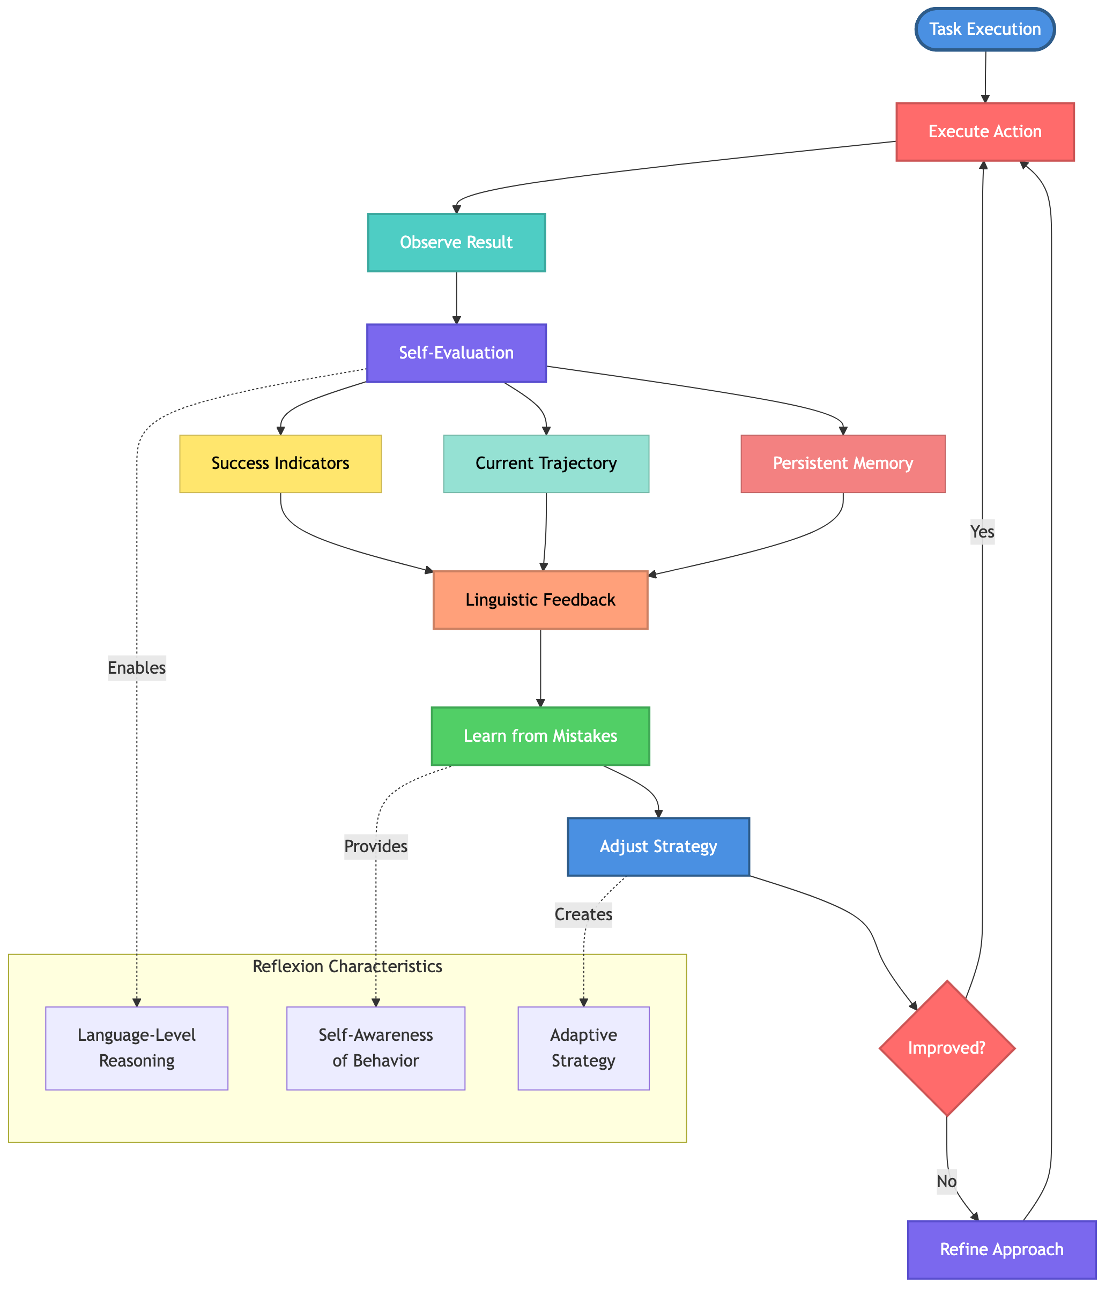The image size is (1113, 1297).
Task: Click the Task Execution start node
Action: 985,29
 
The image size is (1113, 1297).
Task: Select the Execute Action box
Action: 985,131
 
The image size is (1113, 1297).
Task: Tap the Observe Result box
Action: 456,242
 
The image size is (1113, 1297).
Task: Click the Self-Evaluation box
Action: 456,353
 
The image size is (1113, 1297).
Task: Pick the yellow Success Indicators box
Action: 280,463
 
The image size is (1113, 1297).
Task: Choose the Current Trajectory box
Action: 546,463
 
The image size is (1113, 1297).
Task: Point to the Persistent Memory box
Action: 842,463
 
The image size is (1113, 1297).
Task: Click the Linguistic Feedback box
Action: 540,600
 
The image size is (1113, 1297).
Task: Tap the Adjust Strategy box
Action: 658,846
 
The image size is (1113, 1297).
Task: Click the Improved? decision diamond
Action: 946,1048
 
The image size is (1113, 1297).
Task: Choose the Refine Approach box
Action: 1001,1249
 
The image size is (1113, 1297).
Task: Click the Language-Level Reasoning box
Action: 137,1048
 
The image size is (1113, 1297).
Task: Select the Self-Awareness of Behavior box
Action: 375,1048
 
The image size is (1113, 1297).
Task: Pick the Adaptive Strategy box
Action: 583,1048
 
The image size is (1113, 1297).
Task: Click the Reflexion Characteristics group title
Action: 347,966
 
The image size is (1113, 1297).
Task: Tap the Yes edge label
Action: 982,532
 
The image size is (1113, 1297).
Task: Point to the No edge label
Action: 946,1181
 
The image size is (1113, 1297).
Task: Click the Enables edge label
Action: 137,668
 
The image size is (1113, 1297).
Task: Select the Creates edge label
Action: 583,914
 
